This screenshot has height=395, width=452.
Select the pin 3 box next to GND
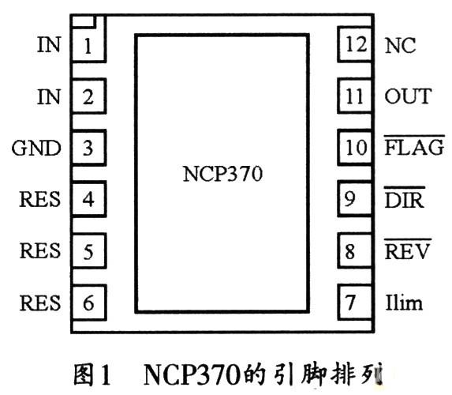pos(89,148)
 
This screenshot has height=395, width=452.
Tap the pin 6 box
pos(89,303)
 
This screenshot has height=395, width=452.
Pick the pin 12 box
pos(355,44)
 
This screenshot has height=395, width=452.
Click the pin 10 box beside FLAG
pos(355,147)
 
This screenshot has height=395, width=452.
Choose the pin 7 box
pos(355,302)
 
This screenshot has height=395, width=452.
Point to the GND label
pos(36,149)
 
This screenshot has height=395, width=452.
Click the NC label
pos(400,46)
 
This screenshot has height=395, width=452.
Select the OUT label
pos(408,96)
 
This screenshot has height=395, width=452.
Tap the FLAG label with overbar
pos(414,146)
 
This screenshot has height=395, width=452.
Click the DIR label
pos(405,197)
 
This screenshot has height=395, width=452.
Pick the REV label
pos(407,250)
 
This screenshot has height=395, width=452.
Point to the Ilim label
pos(404,303)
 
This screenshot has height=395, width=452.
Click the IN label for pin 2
pos(49,96)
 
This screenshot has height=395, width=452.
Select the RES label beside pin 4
pos(39,199)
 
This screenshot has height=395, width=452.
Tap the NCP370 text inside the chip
pos(222,174)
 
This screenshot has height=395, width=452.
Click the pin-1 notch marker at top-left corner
pos(84,21)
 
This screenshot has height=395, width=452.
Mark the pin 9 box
pos(355,198)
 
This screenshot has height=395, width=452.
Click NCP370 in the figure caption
pos(192,374)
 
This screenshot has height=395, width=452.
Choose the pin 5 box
pos(89,251)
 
